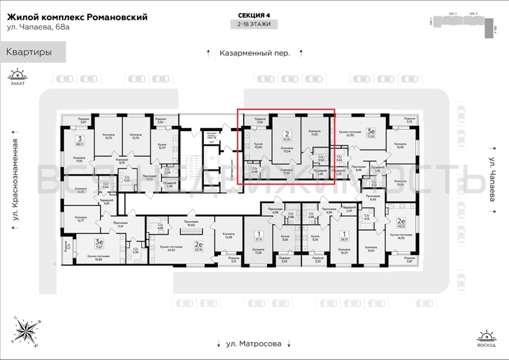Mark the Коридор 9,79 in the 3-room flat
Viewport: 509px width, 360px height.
pos(111,162)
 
